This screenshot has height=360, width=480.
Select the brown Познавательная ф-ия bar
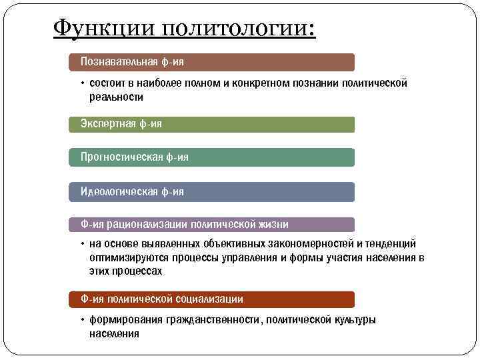point(212,62)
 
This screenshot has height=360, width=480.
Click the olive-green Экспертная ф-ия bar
point(212,124)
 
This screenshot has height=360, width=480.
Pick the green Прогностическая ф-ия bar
point(212,157)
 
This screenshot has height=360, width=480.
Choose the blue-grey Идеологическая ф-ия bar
point(212,192)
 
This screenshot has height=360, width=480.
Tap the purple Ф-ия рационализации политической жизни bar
point(212,225)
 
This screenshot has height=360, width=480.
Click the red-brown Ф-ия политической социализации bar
point(212,299)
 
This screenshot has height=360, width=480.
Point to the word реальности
point(116,97)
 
